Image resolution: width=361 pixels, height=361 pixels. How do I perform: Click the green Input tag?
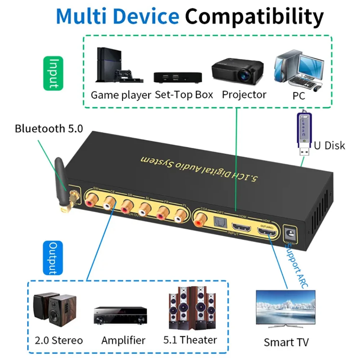(53, 73)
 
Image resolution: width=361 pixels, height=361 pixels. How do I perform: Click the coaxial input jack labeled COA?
(200, 221)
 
